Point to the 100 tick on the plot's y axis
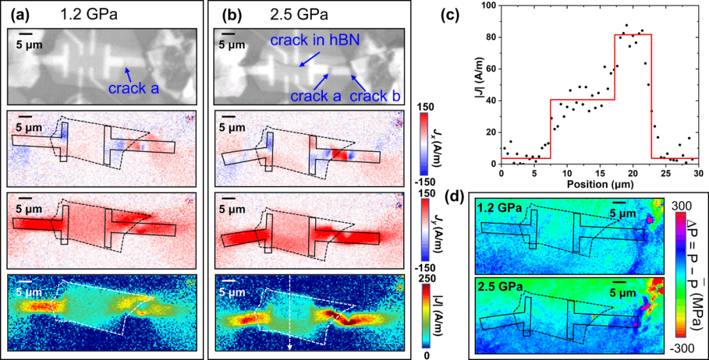point(488,5)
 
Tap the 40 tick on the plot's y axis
point(491,100)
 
